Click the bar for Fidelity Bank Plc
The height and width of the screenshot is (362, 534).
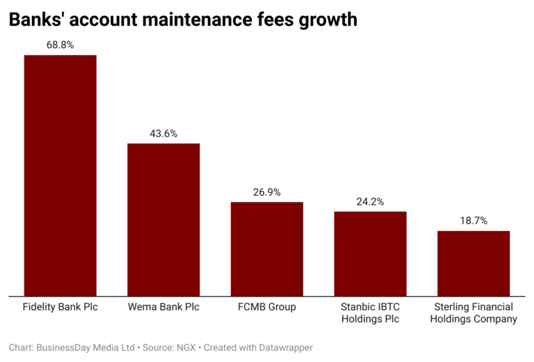pyautogui.click(x=60, y=175)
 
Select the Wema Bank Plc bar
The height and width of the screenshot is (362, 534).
pyautogui.click(x=163, y=219)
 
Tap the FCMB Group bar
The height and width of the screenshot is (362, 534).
pyautogui.click(x=267, y=249)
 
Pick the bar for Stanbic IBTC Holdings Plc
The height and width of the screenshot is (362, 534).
pyautogui.click(x=370, y=253)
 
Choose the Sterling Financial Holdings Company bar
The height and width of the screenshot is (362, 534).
pyautogui.click(x=474, y=263)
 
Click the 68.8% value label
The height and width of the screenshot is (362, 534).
pyautogui.click(x=60, y=45)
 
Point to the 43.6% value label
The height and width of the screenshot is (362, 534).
pyautogui.click(x=163, y=133)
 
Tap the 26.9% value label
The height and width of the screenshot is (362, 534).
pyautogui.click(x=267, y=192)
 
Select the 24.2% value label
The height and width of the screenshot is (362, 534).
pyautogui.click(x=370, y=201)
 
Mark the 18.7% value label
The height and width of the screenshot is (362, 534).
pyautogui.click(x=474, y=221)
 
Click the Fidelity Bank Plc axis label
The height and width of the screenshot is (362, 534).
pyautogui.click(x=60, y=307)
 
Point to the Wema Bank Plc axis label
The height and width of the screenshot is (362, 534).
pyautogui.click(x=163, y=307)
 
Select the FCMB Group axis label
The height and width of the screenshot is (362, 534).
pyautogui.click(x=267, y=307)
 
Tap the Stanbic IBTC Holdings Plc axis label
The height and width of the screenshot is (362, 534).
pyautogui.click(x=370, y=313)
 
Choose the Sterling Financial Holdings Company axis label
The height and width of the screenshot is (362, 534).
pyautogui.click(x=474, y=313)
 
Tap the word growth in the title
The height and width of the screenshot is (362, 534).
pyautogui.click(x=327, y=20)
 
